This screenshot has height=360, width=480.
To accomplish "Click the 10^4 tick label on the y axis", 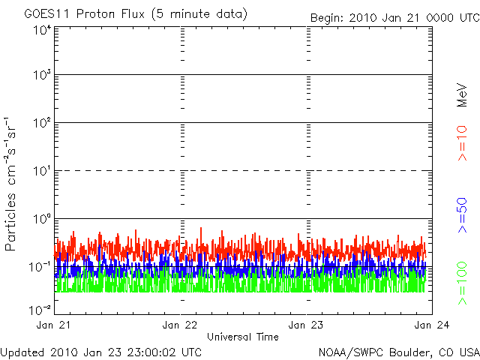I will (x=42, y=30).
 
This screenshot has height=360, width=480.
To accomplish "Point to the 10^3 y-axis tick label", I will (x=42, y=76).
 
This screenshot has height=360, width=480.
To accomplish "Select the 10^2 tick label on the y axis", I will (x=42, y=124).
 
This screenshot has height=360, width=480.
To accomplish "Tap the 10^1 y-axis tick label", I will (x=42, y=172).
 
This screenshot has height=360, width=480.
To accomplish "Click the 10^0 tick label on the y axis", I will (x=42, y=220).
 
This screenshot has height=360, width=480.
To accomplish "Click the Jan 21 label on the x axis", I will (x=55, y=325).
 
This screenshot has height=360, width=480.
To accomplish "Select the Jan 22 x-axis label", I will (x=181, y=325).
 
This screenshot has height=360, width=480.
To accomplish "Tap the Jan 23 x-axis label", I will (x=306, y=325).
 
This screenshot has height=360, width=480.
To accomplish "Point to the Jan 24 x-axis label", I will (x=430, y=325).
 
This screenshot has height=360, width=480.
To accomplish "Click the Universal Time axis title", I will (x=243, y=337).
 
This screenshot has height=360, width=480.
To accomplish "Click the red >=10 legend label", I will (x=463, y=143).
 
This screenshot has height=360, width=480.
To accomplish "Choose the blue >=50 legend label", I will (x=463, y=216).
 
